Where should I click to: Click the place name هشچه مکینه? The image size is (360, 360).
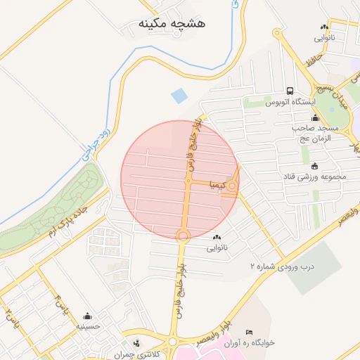(x=172, y=24)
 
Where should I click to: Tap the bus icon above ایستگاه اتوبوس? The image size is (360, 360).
(x=290, y=91)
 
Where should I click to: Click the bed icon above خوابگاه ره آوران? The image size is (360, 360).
(x=248, y=332)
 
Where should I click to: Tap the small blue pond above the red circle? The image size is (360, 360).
(x=179, y=95)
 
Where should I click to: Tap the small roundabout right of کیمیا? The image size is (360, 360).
(x=232, y=186)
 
